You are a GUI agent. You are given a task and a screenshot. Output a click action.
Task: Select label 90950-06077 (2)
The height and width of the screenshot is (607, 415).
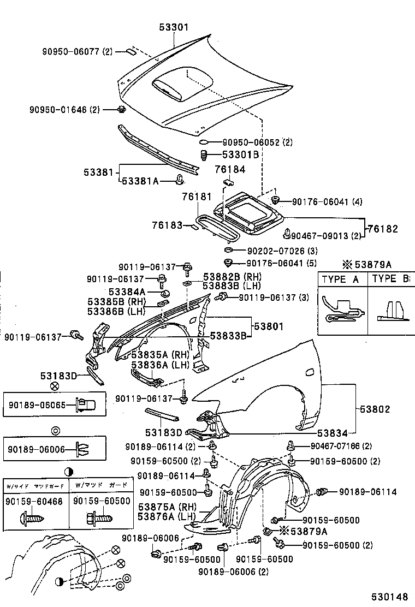pyautogui.click(x=77, y=52)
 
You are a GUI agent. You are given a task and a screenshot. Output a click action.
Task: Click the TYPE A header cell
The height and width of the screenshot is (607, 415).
pyautogui.click(x=341, y=279)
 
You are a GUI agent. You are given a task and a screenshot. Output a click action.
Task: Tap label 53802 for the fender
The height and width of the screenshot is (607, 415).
pyautogui.click(x=375, y=409)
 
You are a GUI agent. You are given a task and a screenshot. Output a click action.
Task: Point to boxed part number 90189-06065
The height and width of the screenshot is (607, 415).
pyautogui.click(x=37, y=405)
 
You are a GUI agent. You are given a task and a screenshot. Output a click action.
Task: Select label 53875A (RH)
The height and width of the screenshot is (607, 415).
pyautogui.click(x=167, y=506)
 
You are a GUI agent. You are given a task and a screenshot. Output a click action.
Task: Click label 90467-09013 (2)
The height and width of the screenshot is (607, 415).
pyautogui.click(x=325, y=236)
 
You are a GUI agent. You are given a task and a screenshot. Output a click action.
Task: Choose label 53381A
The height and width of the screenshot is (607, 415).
pyautogui.click(x=140, y=181)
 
